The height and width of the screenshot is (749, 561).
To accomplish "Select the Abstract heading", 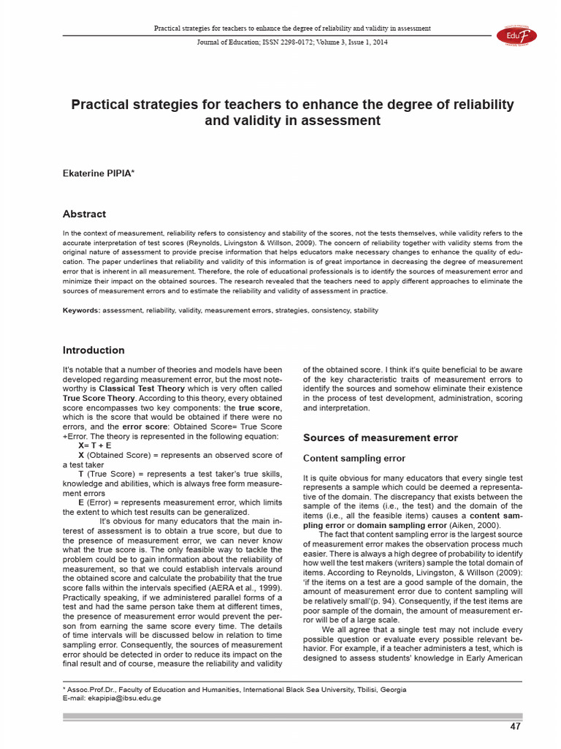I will pyautogui.click(x=84, y=214).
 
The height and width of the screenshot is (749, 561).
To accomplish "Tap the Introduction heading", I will pyautogui.click(x=93, y=350).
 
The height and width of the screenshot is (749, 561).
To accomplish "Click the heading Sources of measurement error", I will pyautogui.click(x=381, y=437).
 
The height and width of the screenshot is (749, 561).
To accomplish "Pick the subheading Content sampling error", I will pyautogui.click(x=354, y=459).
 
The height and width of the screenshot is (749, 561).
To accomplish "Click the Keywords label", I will pyautogui.click(x=81, y=311).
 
